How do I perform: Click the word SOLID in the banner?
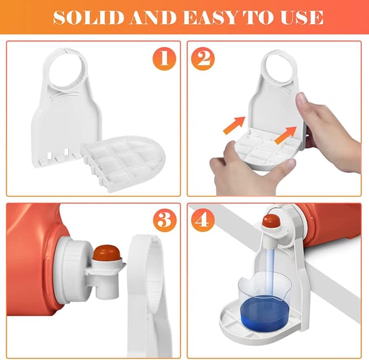point(89,17)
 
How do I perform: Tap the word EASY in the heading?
point(210,17)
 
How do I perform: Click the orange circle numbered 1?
point(164,58)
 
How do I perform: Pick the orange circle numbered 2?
point(203,58)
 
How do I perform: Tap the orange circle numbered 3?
point(164,220)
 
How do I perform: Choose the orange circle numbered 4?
point(203,220)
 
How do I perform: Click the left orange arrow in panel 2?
point(234,125)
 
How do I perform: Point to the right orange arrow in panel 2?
point(286,135)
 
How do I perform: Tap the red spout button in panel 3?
point(106,253)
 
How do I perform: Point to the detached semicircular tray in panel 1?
point(123,162)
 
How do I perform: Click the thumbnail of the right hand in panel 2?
point(301,98)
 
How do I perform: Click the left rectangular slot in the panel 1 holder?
point(50,156)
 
